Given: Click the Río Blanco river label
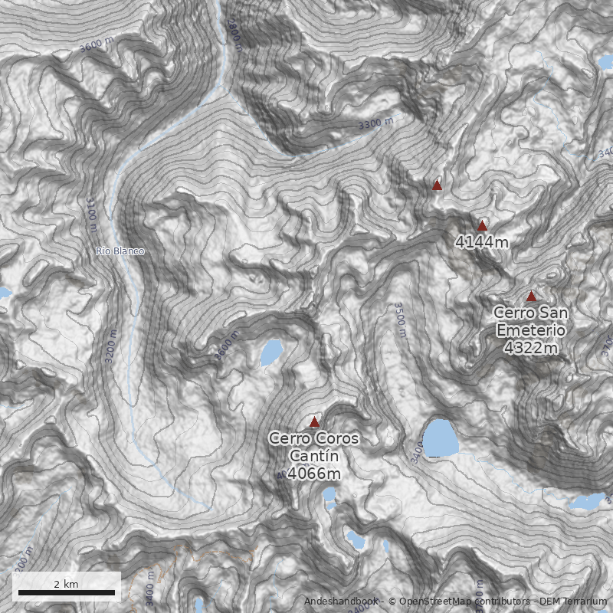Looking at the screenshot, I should pos(120,251).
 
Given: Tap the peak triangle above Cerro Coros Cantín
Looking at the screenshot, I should pos(314,421).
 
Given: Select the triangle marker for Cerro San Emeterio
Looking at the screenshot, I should pos(531,296).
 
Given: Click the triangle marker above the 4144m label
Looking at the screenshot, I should pos(482,225).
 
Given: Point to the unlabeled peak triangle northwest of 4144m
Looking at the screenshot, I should pos(437,184).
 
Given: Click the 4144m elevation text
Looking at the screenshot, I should pos(482,243).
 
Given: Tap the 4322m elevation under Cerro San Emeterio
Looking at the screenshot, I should pos(531,348).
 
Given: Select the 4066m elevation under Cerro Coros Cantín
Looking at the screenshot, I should pos(314,474).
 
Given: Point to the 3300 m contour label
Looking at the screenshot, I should pos(375,124).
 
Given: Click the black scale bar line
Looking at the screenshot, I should pos(66,592).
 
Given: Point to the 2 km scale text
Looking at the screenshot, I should pos(66,584).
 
